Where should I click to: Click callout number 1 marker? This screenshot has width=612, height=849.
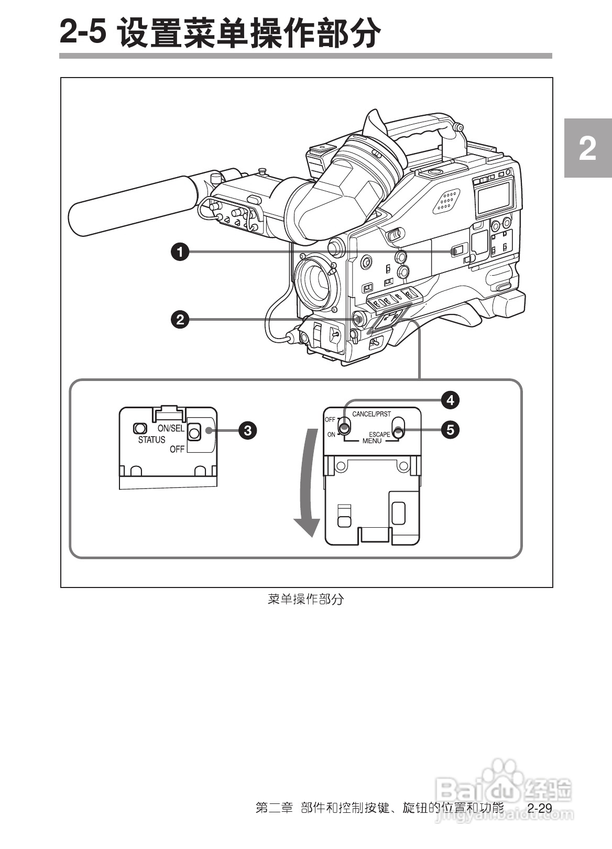pyautogui.click(x=180, y=252)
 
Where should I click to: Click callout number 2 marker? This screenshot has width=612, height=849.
pyautogui.click(x=180, y=319)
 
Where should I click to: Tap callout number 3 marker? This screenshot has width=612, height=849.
pyautogui.click(x=247, y=431)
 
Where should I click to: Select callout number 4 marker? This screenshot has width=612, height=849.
pyautogui.click(x=450, y=400)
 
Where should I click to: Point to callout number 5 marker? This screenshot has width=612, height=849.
pyautogui.click(x=450, y=430)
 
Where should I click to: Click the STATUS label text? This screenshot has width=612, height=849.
pyautogui.click(x=151, y=440)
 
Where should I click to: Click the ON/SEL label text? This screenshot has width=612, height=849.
pyautogui.click(x=171, y=428)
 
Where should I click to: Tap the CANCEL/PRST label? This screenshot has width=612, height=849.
pyautogui.click(x=371, y=414)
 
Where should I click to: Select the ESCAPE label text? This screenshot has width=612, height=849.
pyautogui.click(x=379, y=434)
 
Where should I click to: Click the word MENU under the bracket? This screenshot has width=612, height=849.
pyautogui.click(x=372, y=441)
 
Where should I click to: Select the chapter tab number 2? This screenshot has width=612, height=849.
pyautogui.click(x=587, y=149)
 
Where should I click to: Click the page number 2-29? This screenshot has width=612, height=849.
pyautogui.click(x=540, y=809)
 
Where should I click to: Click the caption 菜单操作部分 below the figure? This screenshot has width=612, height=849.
pyautogui.click(x=305, y=599)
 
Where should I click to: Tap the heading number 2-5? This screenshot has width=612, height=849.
pyautogui.click(x=84, y=32)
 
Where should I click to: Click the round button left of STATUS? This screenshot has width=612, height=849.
pyautogui.click(x=139, y=428)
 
